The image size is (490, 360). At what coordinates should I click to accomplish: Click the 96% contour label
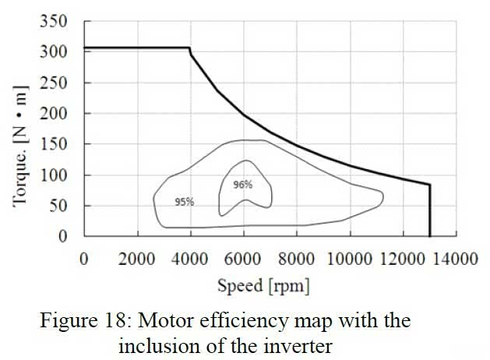coord(243,185)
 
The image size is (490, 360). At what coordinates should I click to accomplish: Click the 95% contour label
coord(184,201)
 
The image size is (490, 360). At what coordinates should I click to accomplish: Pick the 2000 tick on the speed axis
coord(136,259)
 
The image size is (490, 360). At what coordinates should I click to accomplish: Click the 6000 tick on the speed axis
coord(244,259)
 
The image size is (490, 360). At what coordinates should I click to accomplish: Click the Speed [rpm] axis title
coord(263,286)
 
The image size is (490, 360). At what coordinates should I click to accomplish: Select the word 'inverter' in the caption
coord(304,345)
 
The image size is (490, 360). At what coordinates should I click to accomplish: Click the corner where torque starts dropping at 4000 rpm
coord(190,48)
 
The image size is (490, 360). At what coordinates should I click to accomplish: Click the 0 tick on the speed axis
coord(83,259)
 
